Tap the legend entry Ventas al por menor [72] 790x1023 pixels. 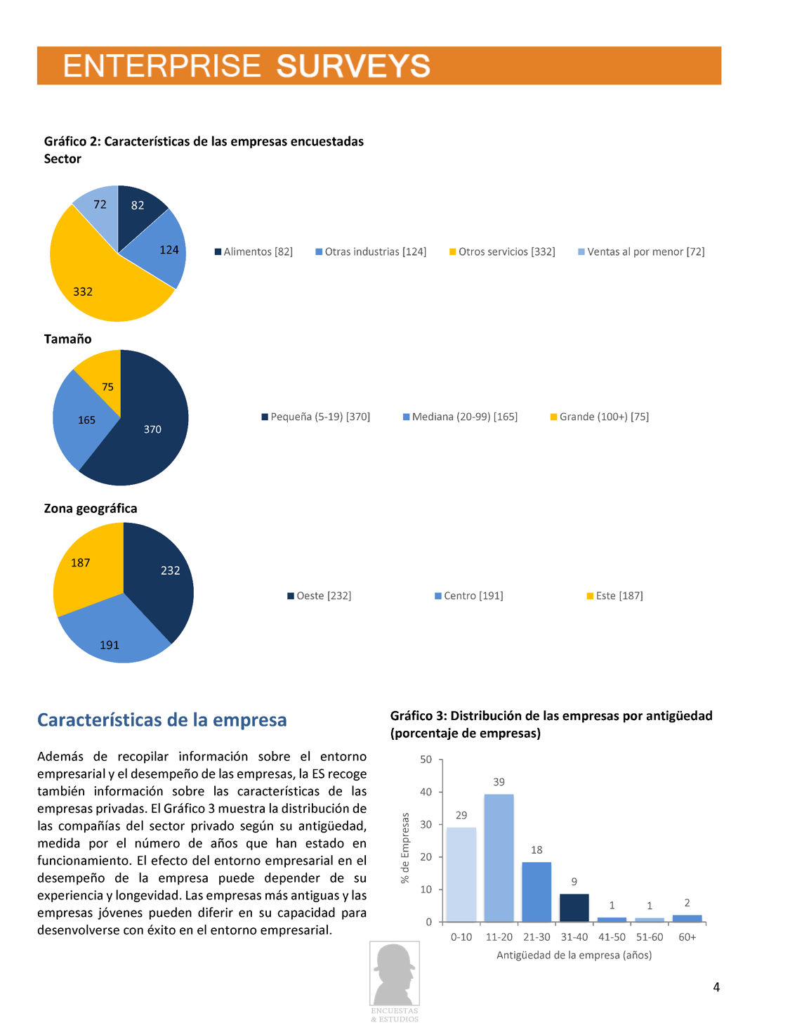(641, 252)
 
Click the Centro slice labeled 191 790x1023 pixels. (112, 636)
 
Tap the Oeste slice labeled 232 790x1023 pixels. (165, 576)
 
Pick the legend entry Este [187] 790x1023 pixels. (614, 596)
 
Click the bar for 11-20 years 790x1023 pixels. (499, 857)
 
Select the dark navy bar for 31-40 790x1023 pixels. (574, 908)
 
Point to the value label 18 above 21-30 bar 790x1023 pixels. (536, 849)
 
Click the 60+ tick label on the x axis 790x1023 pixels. (687, 937)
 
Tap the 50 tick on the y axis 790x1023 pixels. (426, 760)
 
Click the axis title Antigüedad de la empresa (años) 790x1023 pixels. (574, 955)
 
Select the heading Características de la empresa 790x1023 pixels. (162, 720)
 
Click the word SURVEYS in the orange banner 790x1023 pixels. (353, 66)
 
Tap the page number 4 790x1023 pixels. (716, 987)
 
